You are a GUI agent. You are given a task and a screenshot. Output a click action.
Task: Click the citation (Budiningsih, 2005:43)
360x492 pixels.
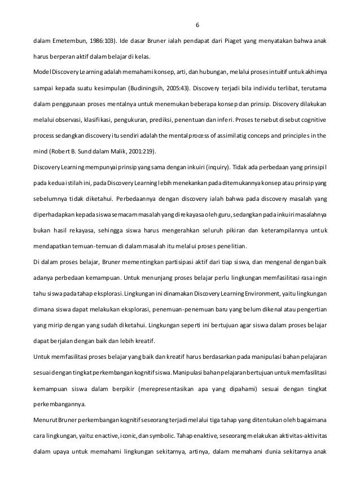coord(164,89)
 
